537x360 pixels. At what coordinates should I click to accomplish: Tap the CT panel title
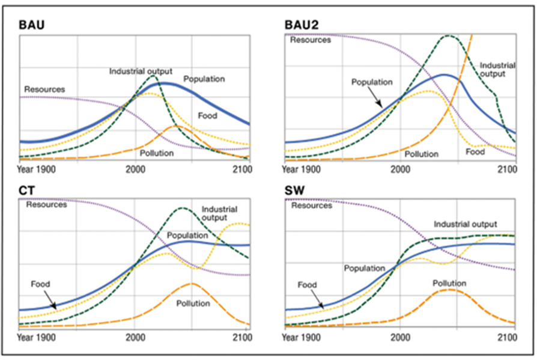click(x=26, y=191)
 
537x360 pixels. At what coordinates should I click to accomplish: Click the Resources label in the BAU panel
click(x=44, y=89)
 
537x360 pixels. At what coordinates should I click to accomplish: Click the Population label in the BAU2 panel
click(x=372, y=82)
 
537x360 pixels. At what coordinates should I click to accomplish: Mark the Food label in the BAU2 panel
click(x=475, y=152)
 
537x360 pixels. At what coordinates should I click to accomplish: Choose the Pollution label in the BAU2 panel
click(x=421, y=154)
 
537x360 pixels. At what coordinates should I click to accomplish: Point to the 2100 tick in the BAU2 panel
click(x=508, y=169)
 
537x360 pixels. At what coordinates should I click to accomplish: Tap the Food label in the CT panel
click(x=40, y=284)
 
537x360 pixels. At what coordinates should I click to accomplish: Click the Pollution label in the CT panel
click(x=193, y=304)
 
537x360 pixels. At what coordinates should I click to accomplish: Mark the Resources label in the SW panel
click(x=311, y=206)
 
